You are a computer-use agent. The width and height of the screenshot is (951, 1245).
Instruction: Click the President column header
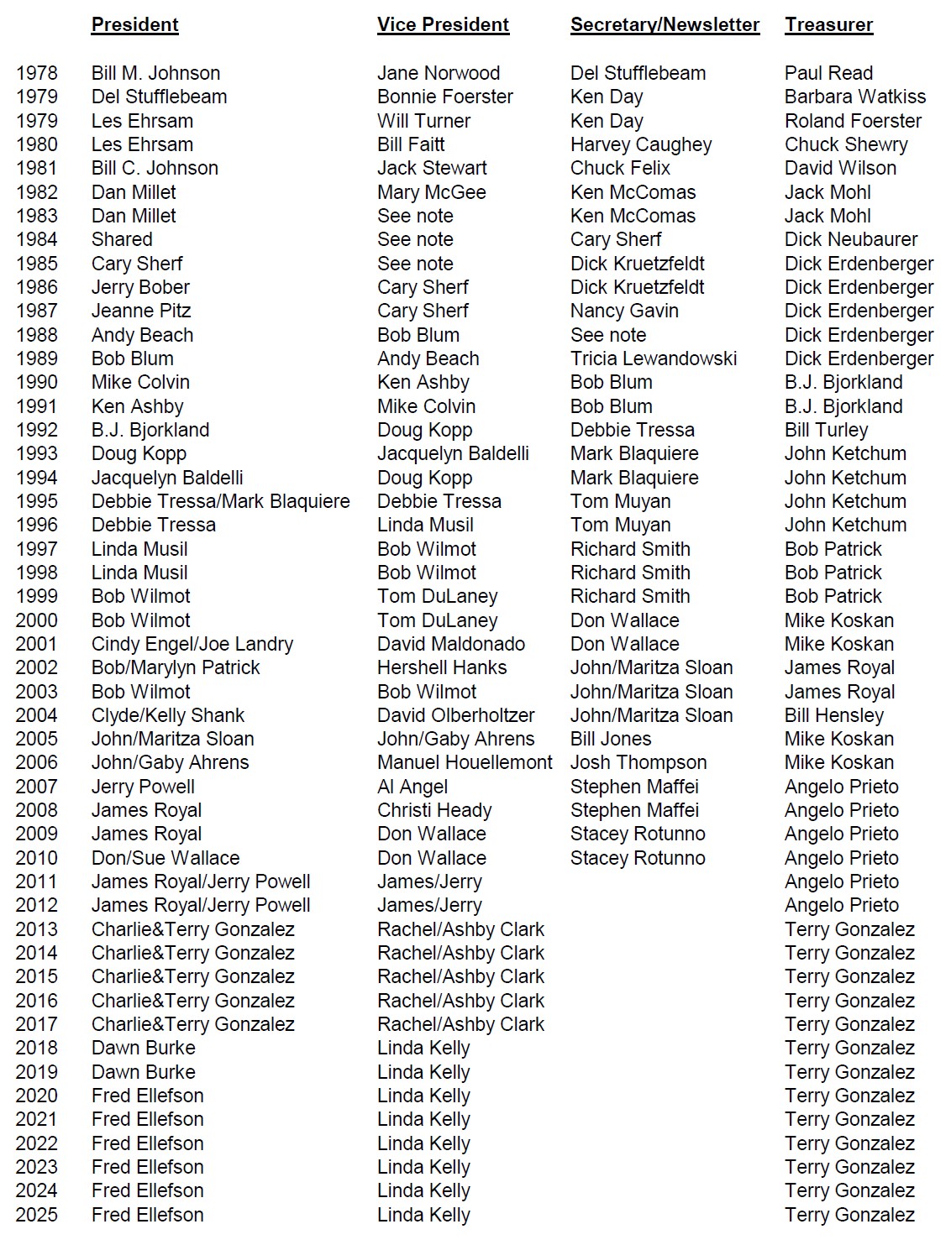[134, 25]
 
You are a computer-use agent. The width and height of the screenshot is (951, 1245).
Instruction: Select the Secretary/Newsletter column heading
[665, 25]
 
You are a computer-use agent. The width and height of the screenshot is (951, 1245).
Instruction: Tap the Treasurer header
[828, 25]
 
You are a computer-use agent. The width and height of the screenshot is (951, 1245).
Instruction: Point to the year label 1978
[37, 73]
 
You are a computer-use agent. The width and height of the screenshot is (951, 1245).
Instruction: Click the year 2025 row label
[37, 1215]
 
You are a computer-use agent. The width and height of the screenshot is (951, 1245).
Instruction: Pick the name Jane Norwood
[438, 73]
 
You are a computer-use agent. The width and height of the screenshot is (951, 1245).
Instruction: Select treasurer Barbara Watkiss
[854, 97]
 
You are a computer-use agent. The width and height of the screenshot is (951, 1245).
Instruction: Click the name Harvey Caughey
[640, 144]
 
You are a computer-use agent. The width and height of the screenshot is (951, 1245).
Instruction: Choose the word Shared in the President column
[122, 239]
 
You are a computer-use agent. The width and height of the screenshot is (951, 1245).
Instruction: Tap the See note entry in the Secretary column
[607, 335]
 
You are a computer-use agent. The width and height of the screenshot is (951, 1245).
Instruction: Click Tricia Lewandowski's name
[653, 358]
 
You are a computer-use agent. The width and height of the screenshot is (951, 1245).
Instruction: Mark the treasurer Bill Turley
[826, 430]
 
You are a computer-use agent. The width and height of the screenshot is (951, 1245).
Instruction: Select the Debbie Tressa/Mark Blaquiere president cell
[220, 501]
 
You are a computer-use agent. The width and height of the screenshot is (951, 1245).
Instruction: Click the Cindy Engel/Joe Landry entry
[192, 644]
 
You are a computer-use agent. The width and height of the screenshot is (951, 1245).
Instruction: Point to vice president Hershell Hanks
[441, 667]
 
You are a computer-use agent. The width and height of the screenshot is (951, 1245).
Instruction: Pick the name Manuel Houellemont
[465, 762]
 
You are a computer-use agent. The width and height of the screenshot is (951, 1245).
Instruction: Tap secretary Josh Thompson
[638, 762]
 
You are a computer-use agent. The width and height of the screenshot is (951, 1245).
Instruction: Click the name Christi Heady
[433, 810]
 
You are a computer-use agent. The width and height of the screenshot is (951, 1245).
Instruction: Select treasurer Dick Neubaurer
[850, 239]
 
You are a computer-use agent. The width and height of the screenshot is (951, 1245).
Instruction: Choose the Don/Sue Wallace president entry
[165, 858]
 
